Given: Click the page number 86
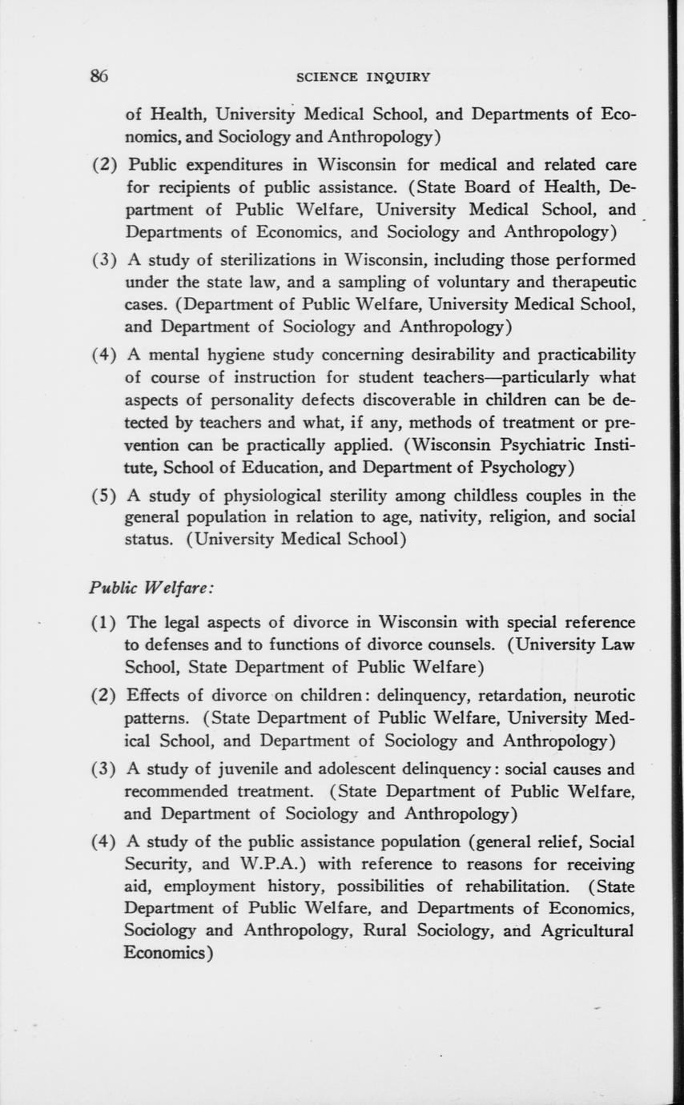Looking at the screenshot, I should click(99, 77).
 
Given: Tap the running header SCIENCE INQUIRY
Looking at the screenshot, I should click(363, 78).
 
